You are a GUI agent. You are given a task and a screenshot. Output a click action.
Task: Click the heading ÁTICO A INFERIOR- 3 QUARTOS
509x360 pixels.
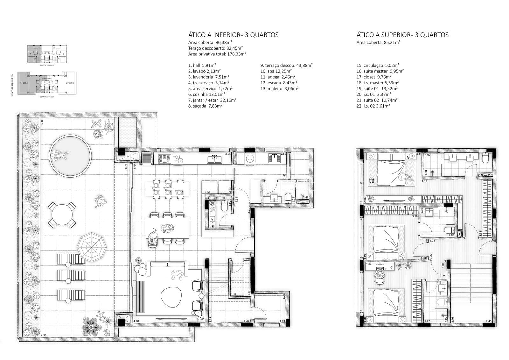tap(233, 35)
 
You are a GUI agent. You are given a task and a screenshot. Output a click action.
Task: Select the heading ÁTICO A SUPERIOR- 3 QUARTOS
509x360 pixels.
tap(402, 35)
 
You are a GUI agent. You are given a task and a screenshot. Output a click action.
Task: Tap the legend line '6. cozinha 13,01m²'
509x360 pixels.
tap(207, 94)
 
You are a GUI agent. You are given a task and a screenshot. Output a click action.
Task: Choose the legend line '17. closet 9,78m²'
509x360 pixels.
tap(374, 77)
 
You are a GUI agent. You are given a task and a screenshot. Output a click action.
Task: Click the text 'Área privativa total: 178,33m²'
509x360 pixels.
tap(217, 54)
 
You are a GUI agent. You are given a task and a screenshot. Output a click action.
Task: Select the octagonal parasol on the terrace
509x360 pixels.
tap(92, 246)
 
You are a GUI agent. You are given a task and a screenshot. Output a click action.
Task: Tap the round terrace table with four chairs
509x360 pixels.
tap(62, 216)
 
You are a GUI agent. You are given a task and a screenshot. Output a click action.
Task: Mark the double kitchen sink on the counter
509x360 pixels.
tap(214, 158)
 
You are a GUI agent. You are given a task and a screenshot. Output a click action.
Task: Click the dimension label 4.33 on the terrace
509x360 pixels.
tap(44, 335)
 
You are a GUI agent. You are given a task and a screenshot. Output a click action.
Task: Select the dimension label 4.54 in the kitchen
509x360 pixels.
tap(228, 154)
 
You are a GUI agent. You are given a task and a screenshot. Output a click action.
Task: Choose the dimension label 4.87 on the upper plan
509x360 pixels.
tap(369, 264)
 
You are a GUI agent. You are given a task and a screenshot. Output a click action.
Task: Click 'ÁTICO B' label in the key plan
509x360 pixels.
tap(69, 83)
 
